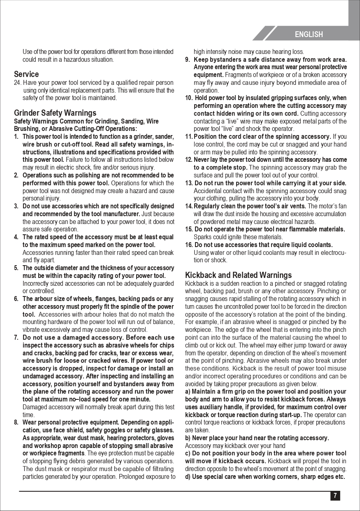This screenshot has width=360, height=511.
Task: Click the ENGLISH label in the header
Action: click(309, 35)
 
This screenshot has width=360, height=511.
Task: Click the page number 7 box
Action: click(335, 496)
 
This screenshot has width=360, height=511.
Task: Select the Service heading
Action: click(26, 74)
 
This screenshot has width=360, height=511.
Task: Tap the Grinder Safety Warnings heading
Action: click(55, 113)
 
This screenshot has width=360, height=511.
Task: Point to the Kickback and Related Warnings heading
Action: click(238, 275)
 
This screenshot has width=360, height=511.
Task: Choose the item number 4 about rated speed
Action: click(16, 237)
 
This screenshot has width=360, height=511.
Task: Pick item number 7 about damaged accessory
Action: click(16, 338)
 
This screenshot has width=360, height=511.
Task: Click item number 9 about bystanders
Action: click(187, 60)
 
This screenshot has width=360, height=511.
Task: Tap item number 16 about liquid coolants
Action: click(189, 245)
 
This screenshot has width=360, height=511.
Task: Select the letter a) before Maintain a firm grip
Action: click(188, 392)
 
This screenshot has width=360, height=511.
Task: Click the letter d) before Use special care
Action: click(188, 477)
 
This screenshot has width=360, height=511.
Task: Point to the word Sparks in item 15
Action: click(202, 237)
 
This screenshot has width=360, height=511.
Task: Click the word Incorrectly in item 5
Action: click(35, 283)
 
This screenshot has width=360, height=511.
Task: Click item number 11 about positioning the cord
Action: click(189, 137)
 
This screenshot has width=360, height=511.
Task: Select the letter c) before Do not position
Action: click(188, 453)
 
